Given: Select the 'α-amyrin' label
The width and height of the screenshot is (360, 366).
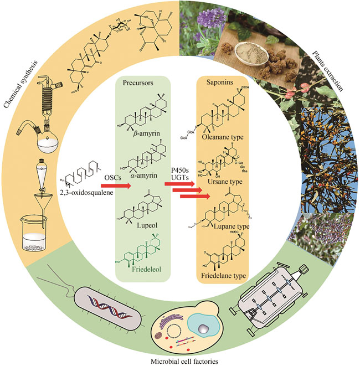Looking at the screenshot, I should (x=149, y=175).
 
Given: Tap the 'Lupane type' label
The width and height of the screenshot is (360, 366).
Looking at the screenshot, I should (x=223, y=227).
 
